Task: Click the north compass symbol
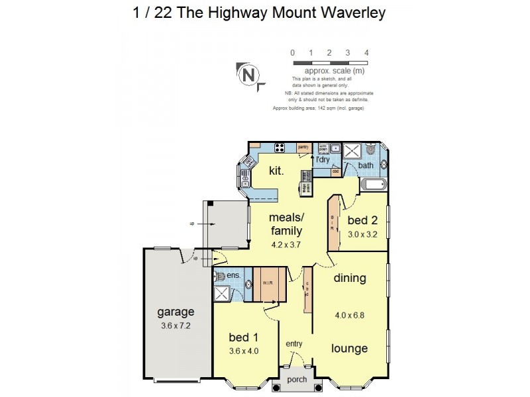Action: pos(250,74)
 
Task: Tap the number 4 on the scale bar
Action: pos(366,52)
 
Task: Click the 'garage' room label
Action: pos(175,312)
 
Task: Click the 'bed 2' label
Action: pos(362,220)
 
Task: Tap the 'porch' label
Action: pos(296,380)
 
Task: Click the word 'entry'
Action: pos(295,344)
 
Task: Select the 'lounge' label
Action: pos(350,348)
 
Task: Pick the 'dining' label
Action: pos(350,278)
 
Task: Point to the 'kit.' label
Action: pos(276,171)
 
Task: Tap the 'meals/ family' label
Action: pos(286,224)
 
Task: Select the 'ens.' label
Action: pos(233,275)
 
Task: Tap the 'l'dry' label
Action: pos(323,159)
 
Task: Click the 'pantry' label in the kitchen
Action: pos(304,148)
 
